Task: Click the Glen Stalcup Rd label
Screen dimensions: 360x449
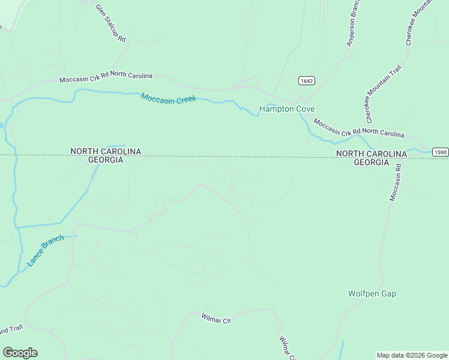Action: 111,23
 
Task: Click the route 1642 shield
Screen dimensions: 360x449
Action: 306,81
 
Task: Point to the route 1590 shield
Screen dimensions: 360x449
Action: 440,152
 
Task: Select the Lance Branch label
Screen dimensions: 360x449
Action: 45,251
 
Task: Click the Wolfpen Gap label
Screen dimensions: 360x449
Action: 372,294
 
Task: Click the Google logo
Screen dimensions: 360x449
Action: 20,353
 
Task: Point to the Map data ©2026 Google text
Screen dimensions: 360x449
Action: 412,355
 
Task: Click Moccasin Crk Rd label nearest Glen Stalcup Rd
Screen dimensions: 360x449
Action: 106,77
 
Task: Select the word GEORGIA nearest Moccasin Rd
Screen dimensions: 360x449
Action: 371,162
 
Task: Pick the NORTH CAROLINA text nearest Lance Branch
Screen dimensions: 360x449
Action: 106,152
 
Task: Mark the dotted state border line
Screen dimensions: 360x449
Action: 240,156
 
